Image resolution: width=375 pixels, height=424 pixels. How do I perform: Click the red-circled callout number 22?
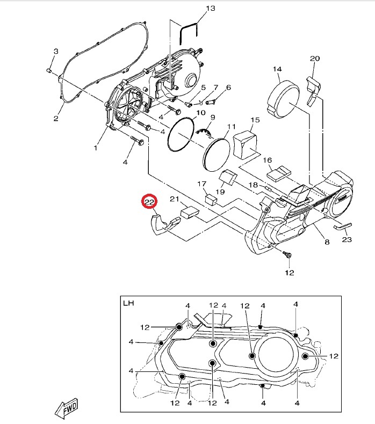(x=150, y=202)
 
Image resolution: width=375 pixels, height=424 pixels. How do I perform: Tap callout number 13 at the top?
(x=211, y=9)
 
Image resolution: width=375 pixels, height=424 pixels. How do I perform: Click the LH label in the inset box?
(x=128, y=303)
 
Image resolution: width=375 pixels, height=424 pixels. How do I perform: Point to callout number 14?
(x=277, y=69)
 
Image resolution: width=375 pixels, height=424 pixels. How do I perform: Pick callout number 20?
(x=315, y=59)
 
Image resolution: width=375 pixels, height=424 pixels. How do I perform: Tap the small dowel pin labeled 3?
(x=49, y=71)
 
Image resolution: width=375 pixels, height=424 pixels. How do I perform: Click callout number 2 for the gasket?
(x=56, y=119)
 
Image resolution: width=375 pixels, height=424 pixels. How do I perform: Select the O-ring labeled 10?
(x=181, y=134)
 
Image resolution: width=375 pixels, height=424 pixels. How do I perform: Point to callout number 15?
(x=255, y=120)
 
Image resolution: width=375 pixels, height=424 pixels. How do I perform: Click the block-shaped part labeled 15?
(x=245, y=145)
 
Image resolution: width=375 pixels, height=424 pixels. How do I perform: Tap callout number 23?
(x=347, y=239)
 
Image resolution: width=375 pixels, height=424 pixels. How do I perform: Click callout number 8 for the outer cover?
(x=327, y=242)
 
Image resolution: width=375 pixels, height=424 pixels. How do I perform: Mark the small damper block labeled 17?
(x=211, y=200)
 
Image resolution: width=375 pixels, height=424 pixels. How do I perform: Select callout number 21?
(x=175, y=199)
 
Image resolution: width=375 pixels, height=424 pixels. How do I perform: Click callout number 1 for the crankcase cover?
(x=95, y=148)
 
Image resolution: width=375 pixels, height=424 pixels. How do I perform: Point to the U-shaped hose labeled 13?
(x=189, y=31)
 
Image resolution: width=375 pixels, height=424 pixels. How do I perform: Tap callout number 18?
(x=254, y=185)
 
